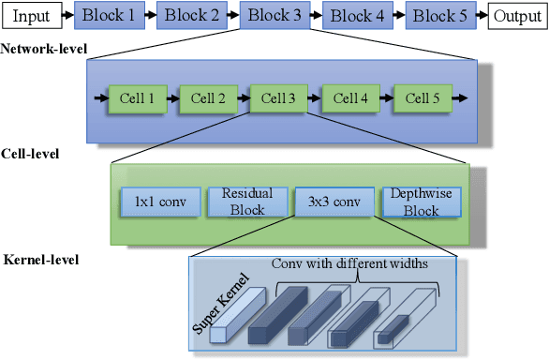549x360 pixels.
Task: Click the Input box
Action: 30,16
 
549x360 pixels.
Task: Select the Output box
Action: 516,16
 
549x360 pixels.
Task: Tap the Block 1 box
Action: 108,16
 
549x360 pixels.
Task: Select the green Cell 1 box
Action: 138,97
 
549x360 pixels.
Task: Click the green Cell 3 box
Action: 279,97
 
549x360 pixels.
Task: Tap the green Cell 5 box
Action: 422,97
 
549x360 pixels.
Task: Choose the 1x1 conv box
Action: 156,202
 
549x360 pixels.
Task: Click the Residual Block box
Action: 246,202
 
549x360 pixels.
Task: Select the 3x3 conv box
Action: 334,202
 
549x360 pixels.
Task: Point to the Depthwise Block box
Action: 421,202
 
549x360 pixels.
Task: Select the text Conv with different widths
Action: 349,263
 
